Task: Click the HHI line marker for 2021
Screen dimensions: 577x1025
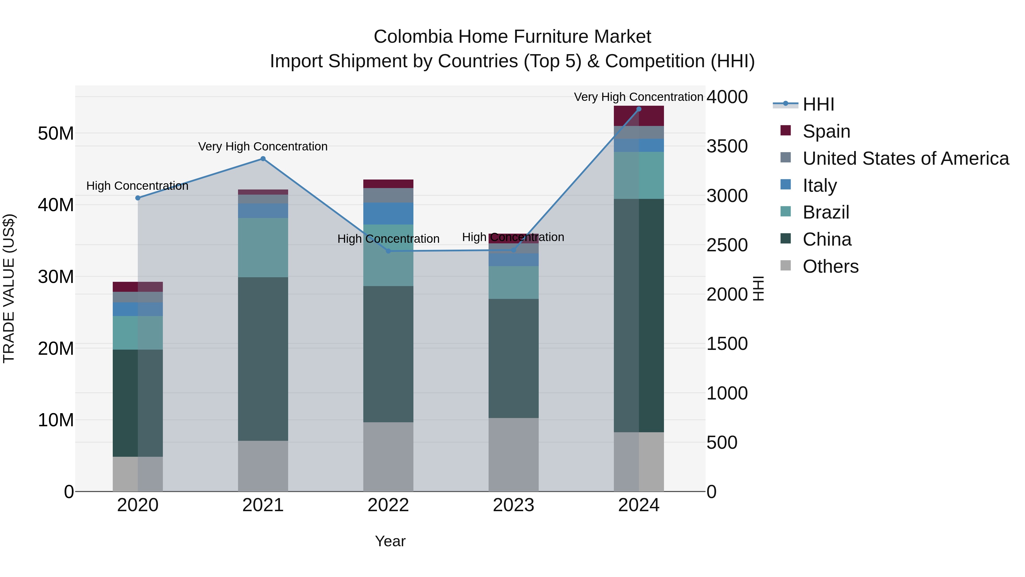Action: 263,159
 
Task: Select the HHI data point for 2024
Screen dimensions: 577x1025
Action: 639,109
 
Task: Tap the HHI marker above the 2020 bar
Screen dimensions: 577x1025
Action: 138,198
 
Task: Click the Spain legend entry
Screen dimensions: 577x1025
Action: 826,131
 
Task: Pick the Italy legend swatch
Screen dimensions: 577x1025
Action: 786,185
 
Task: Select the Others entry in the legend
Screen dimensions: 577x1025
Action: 831,266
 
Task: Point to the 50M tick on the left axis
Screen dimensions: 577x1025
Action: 56,133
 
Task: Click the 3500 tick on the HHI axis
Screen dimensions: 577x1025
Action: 727,146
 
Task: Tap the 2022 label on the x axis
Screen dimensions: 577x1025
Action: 388,505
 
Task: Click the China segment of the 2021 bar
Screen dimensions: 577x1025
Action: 263,358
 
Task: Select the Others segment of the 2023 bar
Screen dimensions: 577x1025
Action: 513,454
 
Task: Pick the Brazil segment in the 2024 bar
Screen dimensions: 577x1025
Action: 639,175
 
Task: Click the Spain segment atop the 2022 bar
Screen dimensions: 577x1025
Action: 388,184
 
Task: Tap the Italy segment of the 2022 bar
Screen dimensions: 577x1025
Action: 388,213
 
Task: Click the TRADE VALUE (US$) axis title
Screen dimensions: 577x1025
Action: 9,288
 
